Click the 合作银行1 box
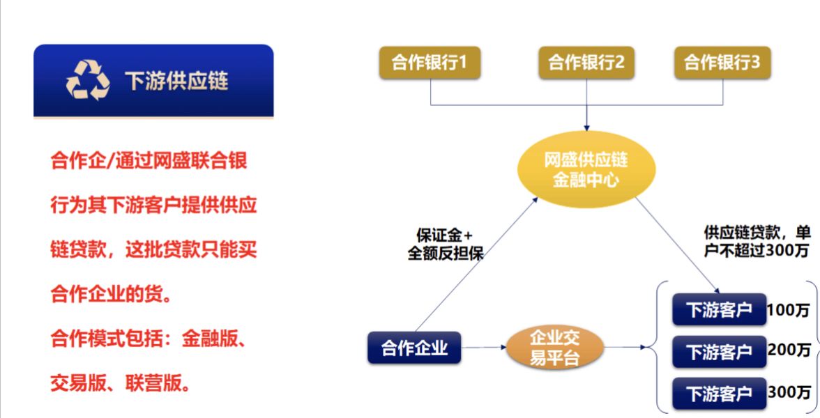point(430,63)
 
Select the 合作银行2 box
point(586,63)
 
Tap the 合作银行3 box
point(722,63)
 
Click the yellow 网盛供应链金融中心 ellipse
point(586,169)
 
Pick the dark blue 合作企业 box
point(414,348)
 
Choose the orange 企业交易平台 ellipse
point(555,347)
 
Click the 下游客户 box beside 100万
point(719,309)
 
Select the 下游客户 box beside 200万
point(719,351)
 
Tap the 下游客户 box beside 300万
point(719,393)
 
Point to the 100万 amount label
point(788,309)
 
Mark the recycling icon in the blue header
point(88,80)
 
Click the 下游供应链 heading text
point(176,81)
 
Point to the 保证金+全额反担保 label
point(446,244)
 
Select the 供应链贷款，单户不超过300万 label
point(757,241)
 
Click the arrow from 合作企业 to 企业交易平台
point(484,348)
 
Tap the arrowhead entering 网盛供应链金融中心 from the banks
point(586,127)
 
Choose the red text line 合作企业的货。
point(112,294)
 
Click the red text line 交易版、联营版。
point(121,383)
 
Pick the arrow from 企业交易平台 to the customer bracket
point(625,347)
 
